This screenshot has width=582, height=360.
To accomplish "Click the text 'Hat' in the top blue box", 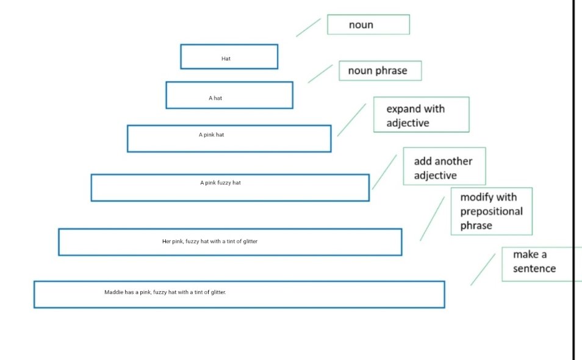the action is coord(226,59).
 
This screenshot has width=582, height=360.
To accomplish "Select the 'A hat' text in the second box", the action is coord(215,98).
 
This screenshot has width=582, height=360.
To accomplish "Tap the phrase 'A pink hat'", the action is coord(211,135).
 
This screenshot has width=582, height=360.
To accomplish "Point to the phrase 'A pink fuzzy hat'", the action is coord(220,182).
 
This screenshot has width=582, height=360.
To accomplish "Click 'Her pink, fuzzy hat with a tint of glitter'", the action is coord(210,241).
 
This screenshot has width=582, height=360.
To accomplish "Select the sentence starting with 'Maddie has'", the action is coord(165,292).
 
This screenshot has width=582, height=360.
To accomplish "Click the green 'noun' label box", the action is coord(368,24).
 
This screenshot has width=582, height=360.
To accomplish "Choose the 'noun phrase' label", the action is coord(380,71).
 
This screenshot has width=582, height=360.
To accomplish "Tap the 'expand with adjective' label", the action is coord(422,115).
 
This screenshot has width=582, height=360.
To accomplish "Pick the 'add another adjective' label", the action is coord(444,166).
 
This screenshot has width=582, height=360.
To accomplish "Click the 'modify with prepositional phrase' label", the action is coord(492,211).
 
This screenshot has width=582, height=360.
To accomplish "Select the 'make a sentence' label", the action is coord(542,264).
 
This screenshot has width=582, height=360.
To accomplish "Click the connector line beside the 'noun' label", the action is coord(309,27).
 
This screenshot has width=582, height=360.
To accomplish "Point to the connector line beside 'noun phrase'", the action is coord(320,74).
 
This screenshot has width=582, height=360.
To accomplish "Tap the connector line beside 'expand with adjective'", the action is coord(351,120).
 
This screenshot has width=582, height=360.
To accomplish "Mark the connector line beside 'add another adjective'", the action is coord(384,172).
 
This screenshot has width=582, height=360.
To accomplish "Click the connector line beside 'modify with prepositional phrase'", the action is coord(432,218).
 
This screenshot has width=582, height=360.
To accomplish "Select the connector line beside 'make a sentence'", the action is coord(483,270).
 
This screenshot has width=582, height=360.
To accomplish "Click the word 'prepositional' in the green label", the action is coord(492,212).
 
